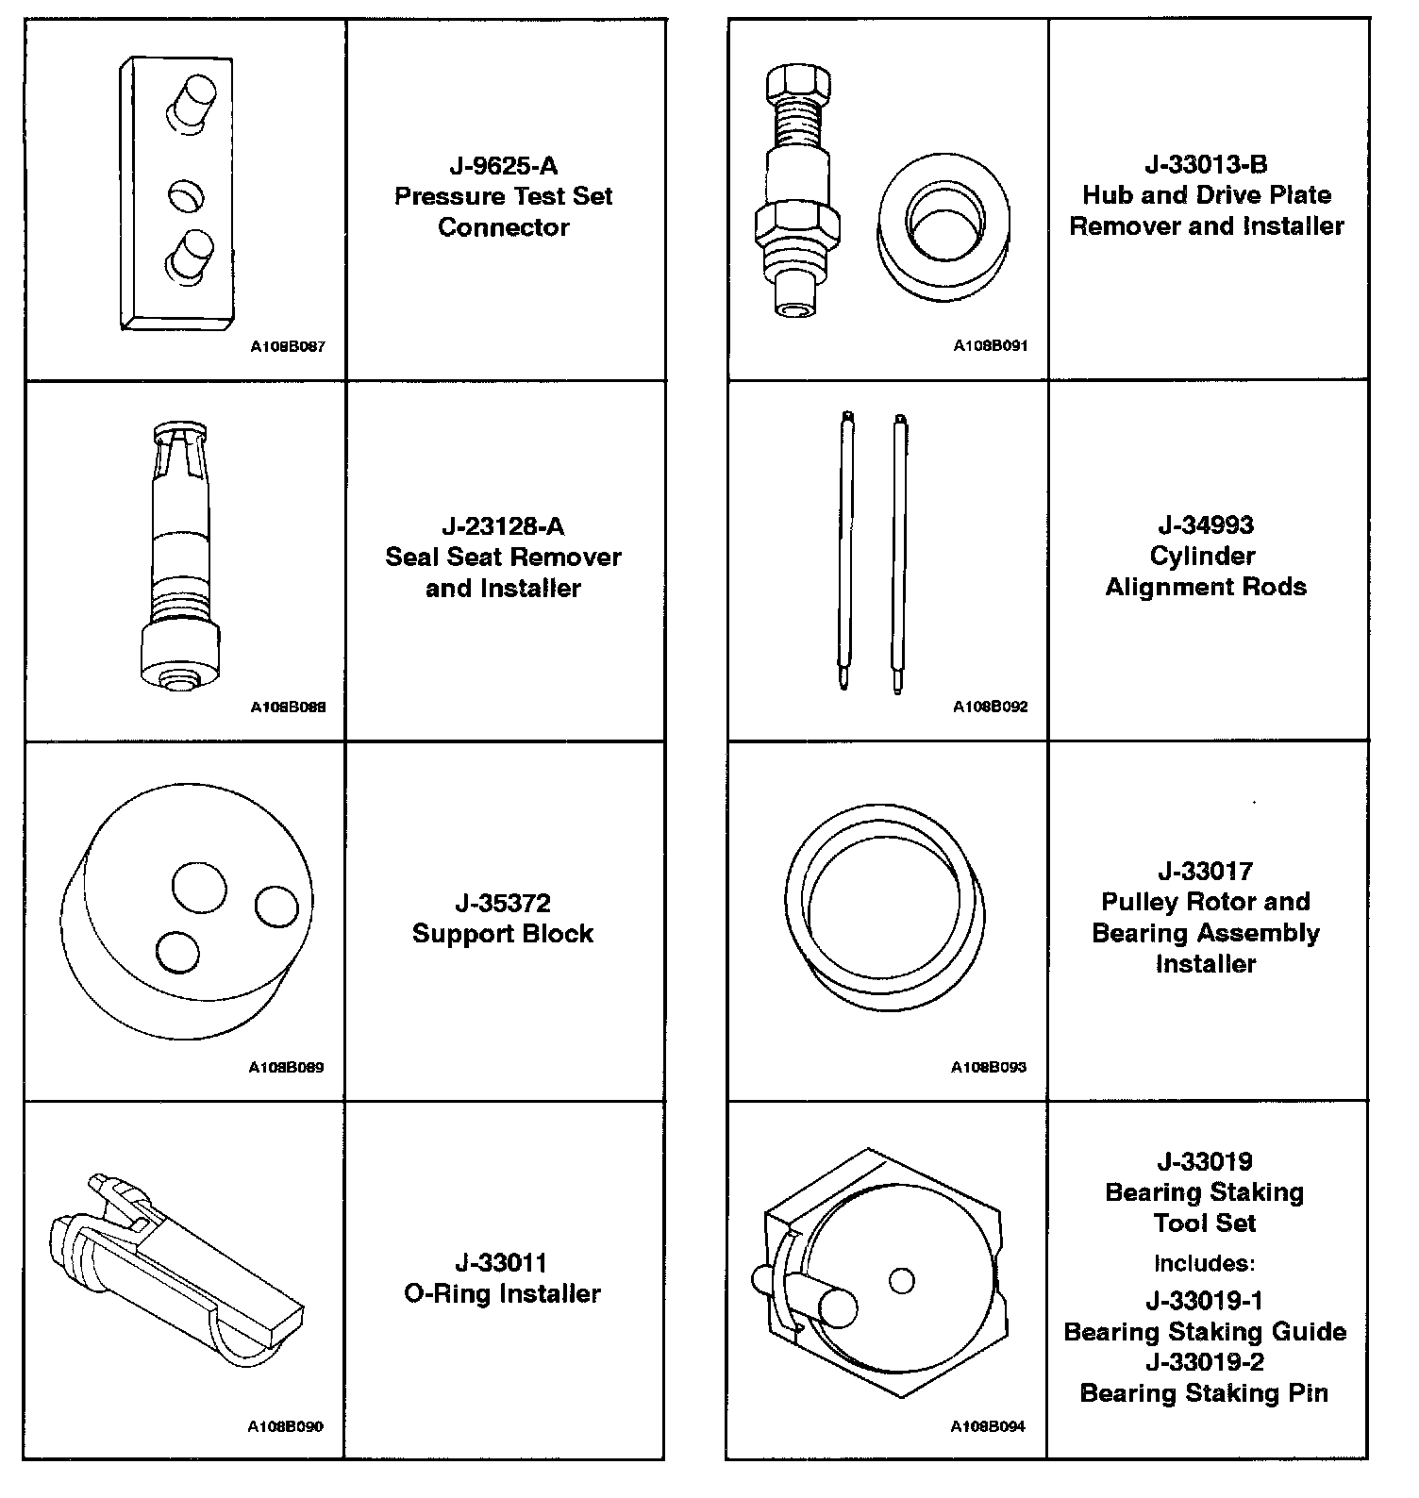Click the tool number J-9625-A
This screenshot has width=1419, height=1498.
click(x=503, y=167)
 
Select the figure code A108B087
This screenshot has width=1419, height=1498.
click(x=287, y=346)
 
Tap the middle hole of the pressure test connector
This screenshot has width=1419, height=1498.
click(x=185, y=196)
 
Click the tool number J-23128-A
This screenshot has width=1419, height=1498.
click(x=503, y=526)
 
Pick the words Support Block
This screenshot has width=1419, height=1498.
click(x=503, y=934)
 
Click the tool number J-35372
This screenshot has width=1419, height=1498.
click(x=503, y=904)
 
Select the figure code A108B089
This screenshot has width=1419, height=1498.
click(x=286, y=1068)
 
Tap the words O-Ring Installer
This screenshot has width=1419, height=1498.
click(x=502, y=1293)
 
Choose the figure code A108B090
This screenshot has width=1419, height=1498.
click(x=286, y=1427)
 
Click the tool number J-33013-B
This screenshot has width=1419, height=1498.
click(x=1206, y=165)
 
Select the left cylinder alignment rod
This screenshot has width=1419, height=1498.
click(x=846, y=552)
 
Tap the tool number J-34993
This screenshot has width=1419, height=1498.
click(x=1206, y=525)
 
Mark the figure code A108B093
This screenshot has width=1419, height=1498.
click(x=989, y=1068)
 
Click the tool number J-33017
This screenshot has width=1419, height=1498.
click(x=1206, y=872)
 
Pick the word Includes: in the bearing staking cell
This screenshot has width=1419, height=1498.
click(x=1205, y=1263)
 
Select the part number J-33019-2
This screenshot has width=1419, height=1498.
click(x=1205, y=1362)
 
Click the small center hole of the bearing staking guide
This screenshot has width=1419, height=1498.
click(x=902, y=1281)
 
